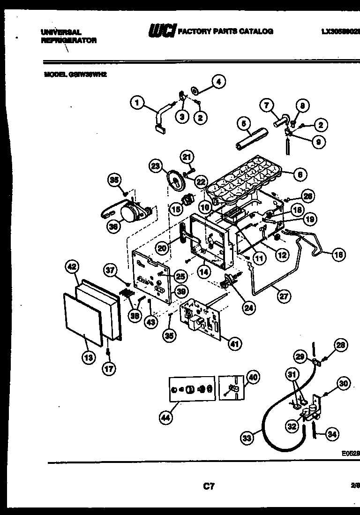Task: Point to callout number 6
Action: click(x=300, y=174)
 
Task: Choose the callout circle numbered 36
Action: click(x=113, y=226)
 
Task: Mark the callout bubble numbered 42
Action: click(x=71, y=267)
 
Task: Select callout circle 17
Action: click(x=108, y=369)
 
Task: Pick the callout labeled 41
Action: click(x=233, y=344)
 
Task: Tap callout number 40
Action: click(x=252, y=377)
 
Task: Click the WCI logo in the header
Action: click(x=162, y=31)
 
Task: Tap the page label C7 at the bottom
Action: click(x=209, y=487)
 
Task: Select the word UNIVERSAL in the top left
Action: click(x=61, y=32)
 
